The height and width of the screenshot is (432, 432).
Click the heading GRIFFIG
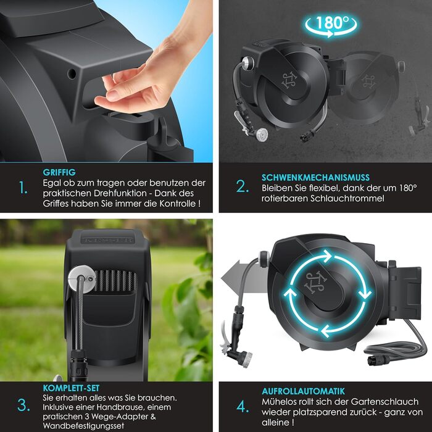pos(59,172)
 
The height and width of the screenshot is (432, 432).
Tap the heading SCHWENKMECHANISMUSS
pos(315,177)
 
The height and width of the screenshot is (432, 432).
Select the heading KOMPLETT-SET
pos(71,388)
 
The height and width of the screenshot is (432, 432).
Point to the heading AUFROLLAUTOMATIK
pos(303,391)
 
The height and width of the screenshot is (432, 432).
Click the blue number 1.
pos(23,188)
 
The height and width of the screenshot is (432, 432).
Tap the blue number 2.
pos(243,186)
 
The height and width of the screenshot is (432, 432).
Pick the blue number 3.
pos(23,405)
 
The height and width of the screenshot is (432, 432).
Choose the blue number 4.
pos(243,406)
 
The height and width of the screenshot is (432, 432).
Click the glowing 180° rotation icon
pos(331,25)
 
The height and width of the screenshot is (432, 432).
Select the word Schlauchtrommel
pos(347,198)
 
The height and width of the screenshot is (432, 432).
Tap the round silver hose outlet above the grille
pos(82,279)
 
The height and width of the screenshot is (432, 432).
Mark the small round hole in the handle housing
pos(72,73)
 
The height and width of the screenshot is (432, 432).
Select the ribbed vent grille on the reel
pos(115,280)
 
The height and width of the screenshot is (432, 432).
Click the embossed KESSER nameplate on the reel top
pos(107,239)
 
